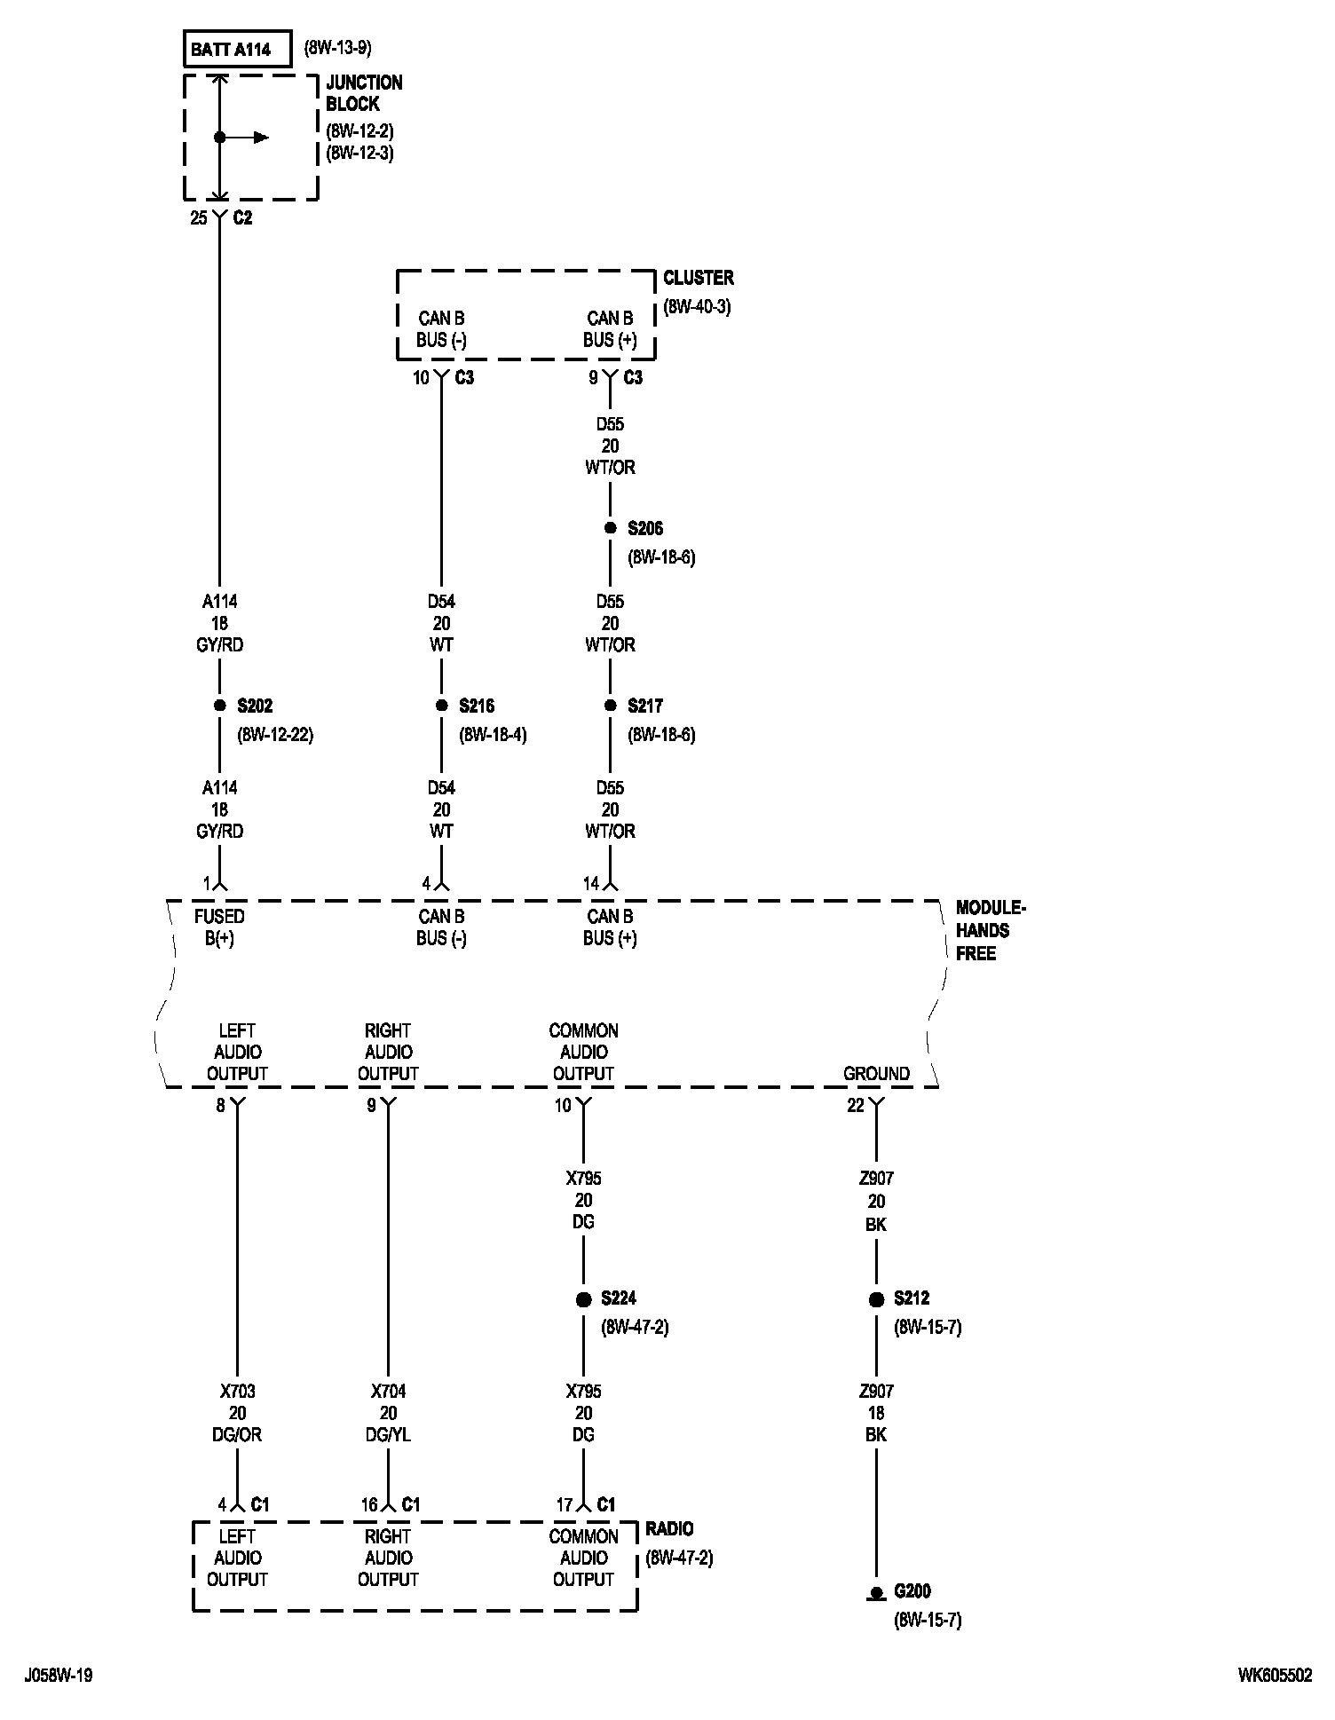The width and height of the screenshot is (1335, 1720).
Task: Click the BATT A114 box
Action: point(237,50)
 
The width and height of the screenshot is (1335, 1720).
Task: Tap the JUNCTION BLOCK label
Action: point(364,93)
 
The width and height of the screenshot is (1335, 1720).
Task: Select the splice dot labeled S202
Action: point(219,706)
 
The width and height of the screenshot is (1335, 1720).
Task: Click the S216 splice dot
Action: point(441,706)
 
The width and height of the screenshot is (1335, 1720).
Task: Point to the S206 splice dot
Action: point(610,528)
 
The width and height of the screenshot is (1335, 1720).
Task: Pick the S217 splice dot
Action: point(610,706)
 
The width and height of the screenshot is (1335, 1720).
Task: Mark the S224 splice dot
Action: point(583,1299)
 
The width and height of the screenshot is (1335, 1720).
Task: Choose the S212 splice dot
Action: point(876,1299)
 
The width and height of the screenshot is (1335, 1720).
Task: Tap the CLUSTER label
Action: point(699,278)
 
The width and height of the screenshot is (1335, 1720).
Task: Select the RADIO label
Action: point(670,1528)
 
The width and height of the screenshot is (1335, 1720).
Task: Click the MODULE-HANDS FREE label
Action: point(990,930)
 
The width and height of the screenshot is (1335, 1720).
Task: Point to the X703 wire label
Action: point(237,1392)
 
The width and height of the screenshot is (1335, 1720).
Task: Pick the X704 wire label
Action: point(388,1392)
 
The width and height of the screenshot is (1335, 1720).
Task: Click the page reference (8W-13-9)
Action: point(338,48)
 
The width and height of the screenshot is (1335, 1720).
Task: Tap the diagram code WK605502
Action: point(1275,1675)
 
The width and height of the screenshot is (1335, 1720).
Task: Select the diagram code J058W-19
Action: point(59,1675)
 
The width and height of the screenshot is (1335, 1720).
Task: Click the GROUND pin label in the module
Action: point(876,1073)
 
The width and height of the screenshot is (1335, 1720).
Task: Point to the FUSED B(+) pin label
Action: point(219,927)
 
